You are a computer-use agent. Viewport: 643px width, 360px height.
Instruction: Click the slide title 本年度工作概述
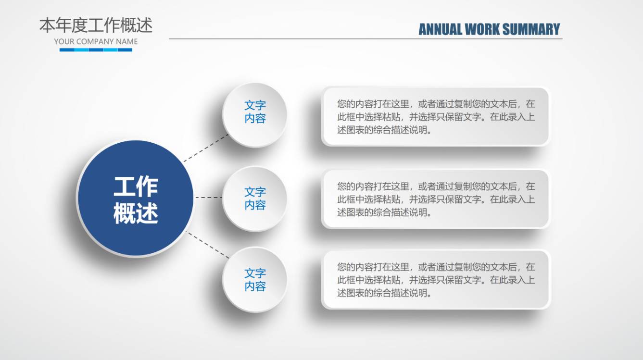pos(96,25)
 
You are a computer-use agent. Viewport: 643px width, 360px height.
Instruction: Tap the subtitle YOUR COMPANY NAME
pos(96,42)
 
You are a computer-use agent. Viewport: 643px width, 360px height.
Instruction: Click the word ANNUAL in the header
pos(440,29)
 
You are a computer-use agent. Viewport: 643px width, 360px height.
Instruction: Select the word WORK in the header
pos(482,29)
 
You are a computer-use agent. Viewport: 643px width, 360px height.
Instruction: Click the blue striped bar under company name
pos(96,50)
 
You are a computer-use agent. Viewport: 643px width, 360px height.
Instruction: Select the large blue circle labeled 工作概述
pos(136,198)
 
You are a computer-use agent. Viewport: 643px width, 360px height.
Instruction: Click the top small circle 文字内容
pos(254,115)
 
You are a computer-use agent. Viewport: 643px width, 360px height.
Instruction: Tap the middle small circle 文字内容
pos(254,199)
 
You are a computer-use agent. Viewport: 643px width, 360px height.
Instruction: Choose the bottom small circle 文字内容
pos(254,280)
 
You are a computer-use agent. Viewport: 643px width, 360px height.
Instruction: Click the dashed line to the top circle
pos(206,148)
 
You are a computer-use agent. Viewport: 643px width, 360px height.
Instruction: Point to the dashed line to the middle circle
pos(209,198)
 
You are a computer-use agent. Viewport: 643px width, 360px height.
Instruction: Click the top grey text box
pos(436,116)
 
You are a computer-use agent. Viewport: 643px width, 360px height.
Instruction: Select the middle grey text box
pos(436,199)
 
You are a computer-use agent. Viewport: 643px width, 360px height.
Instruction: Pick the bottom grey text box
pos(436,280)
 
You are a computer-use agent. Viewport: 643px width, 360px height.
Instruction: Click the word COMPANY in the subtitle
pos(95,42)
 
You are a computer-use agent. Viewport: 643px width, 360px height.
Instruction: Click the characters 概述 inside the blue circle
pos(136,213)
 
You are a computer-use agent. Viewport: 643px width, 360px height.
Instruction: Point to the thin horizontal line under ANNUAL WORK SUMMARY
pos(366,39)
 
